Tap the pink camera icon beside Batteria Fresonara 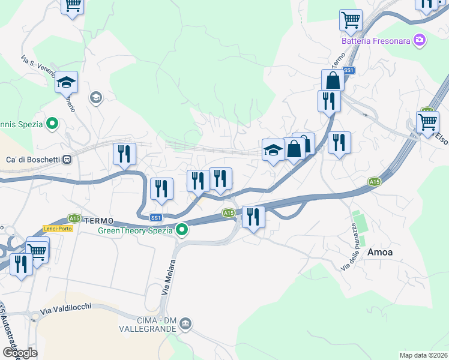pos(420,41)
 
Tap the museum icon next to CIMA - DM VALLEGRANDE pos(186,324)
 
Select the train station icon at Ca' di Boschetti pos(67,160)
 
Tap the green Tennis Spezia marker pos(52,124)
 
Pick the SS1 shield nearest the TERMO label pos(156,217)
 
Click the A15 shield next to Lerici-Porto pos(74,218)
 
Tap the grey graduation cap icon pos(95,97)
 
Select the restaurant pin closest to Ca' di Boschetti pos(124,154)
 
